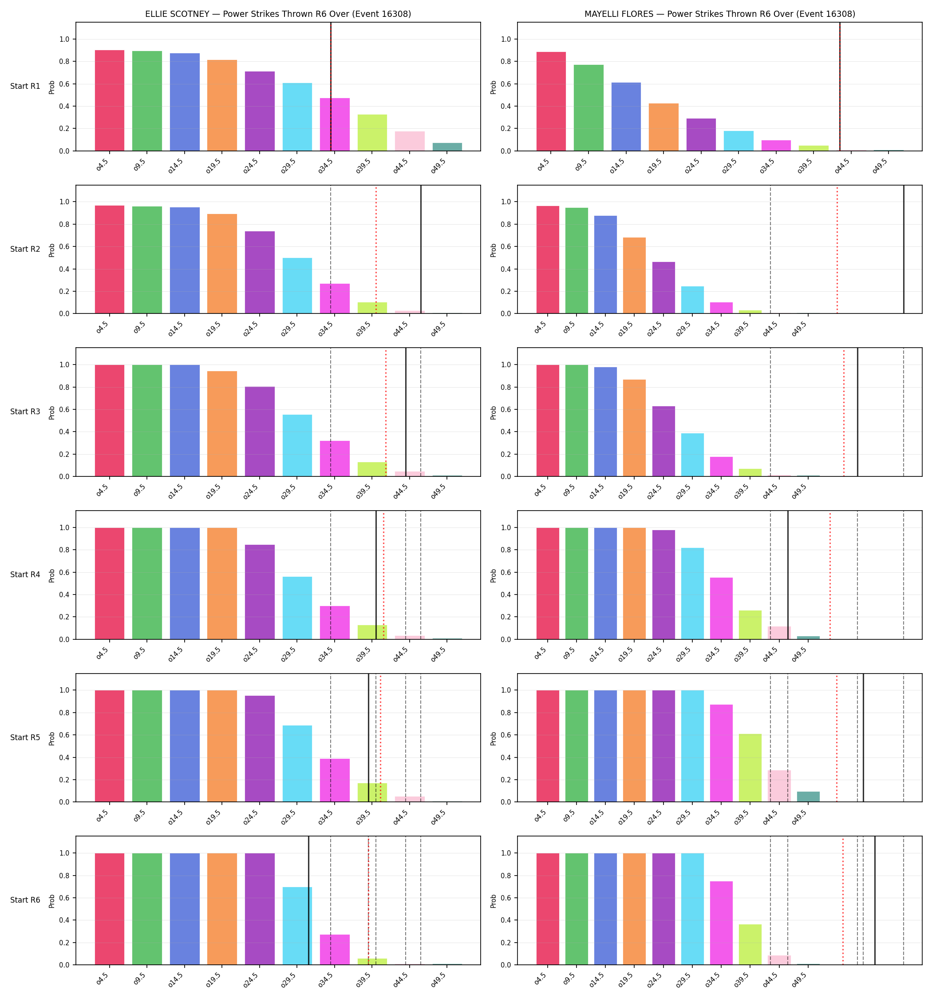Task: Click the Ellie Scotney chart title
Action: pyautogui.click(x=278, y=14)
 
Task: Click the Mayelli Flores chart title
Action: pyautogui.click(x=719, y=14)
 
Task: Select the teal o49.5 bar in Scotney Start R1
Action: pyautogui.click(x=447, y=147)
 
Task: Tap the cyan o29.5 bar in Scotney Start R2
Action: pyautogui.click(x=297, y=285)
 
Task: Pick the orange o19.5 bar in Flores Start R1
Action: pyautogui.click(x=663, y=127)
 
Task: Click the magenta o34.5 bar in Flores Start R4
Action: pyautogui.click(x=721, y=609)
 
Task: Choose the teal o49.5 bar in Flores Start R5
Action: pyautogui.click(x=808, y=797)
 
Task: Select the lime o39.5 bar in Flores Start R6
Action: pyautogui.click(x=750, y=945)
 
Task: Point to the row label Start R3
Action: pyautogui.click(x=25, y=412)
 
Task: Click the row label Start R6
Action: pyautogui.click(x=25, y=900)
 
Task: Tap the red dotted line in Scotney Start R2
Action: pyautogui.click(x=376, y=249)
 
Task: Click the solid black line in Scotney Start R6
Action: pyautogui.click(x=308, y=900)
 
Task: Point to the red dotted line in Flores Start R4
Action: pyautogui.click(x=830, y=575)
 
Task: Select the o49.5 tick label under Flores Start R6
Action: pyautogui.click(x=799, y=980)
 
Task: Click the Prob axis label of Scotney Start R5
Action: pyautogui.click(x=52, y=738)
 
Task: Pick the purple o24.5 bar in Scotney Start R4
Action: pyautogui.click(x=260, y=592)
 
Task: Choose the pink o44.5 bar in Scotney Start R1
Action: pyautogui.click(x=410, y=141)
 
